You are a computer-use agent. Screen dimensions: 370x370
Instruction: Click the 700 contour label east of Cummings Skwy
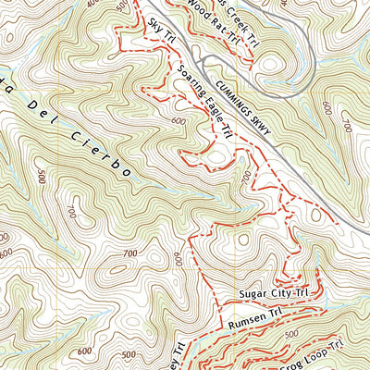point(348,121)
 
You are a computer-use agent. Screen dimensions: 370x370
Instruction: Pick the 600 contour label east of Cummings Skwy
point(328,107)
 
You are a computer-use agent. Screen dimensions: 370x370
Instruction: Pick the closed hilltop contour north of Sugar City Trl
point(242,239)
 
